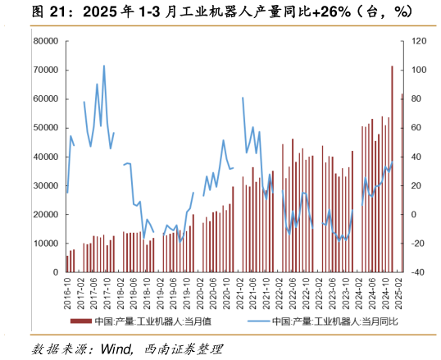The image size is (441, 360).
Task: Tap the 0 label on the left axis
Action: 53,272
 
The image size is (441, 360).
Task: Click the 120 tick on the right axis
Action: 418,41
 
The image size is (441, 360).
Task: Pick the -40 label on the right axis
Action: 416,272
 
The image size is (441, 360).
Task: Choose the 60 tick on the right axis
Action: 416,128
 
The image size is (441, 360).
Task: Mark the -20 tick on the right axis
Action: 416,244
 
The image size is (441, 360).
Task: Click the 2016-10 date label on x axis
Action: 67,293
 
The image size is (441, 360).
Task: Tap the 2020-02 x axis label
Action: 200,293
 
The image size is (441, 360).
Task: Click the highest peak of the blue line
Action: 104,66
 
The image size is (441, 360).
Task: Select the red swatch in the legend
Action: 81,321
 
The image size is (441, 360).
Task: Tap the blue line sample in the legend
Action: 259,321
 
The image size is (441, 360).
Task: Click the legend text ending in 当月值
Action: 153,321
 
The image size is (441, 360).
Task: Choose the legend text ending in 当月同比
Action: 335,321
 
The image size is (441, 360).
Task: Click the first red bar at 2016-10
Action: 67,263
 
